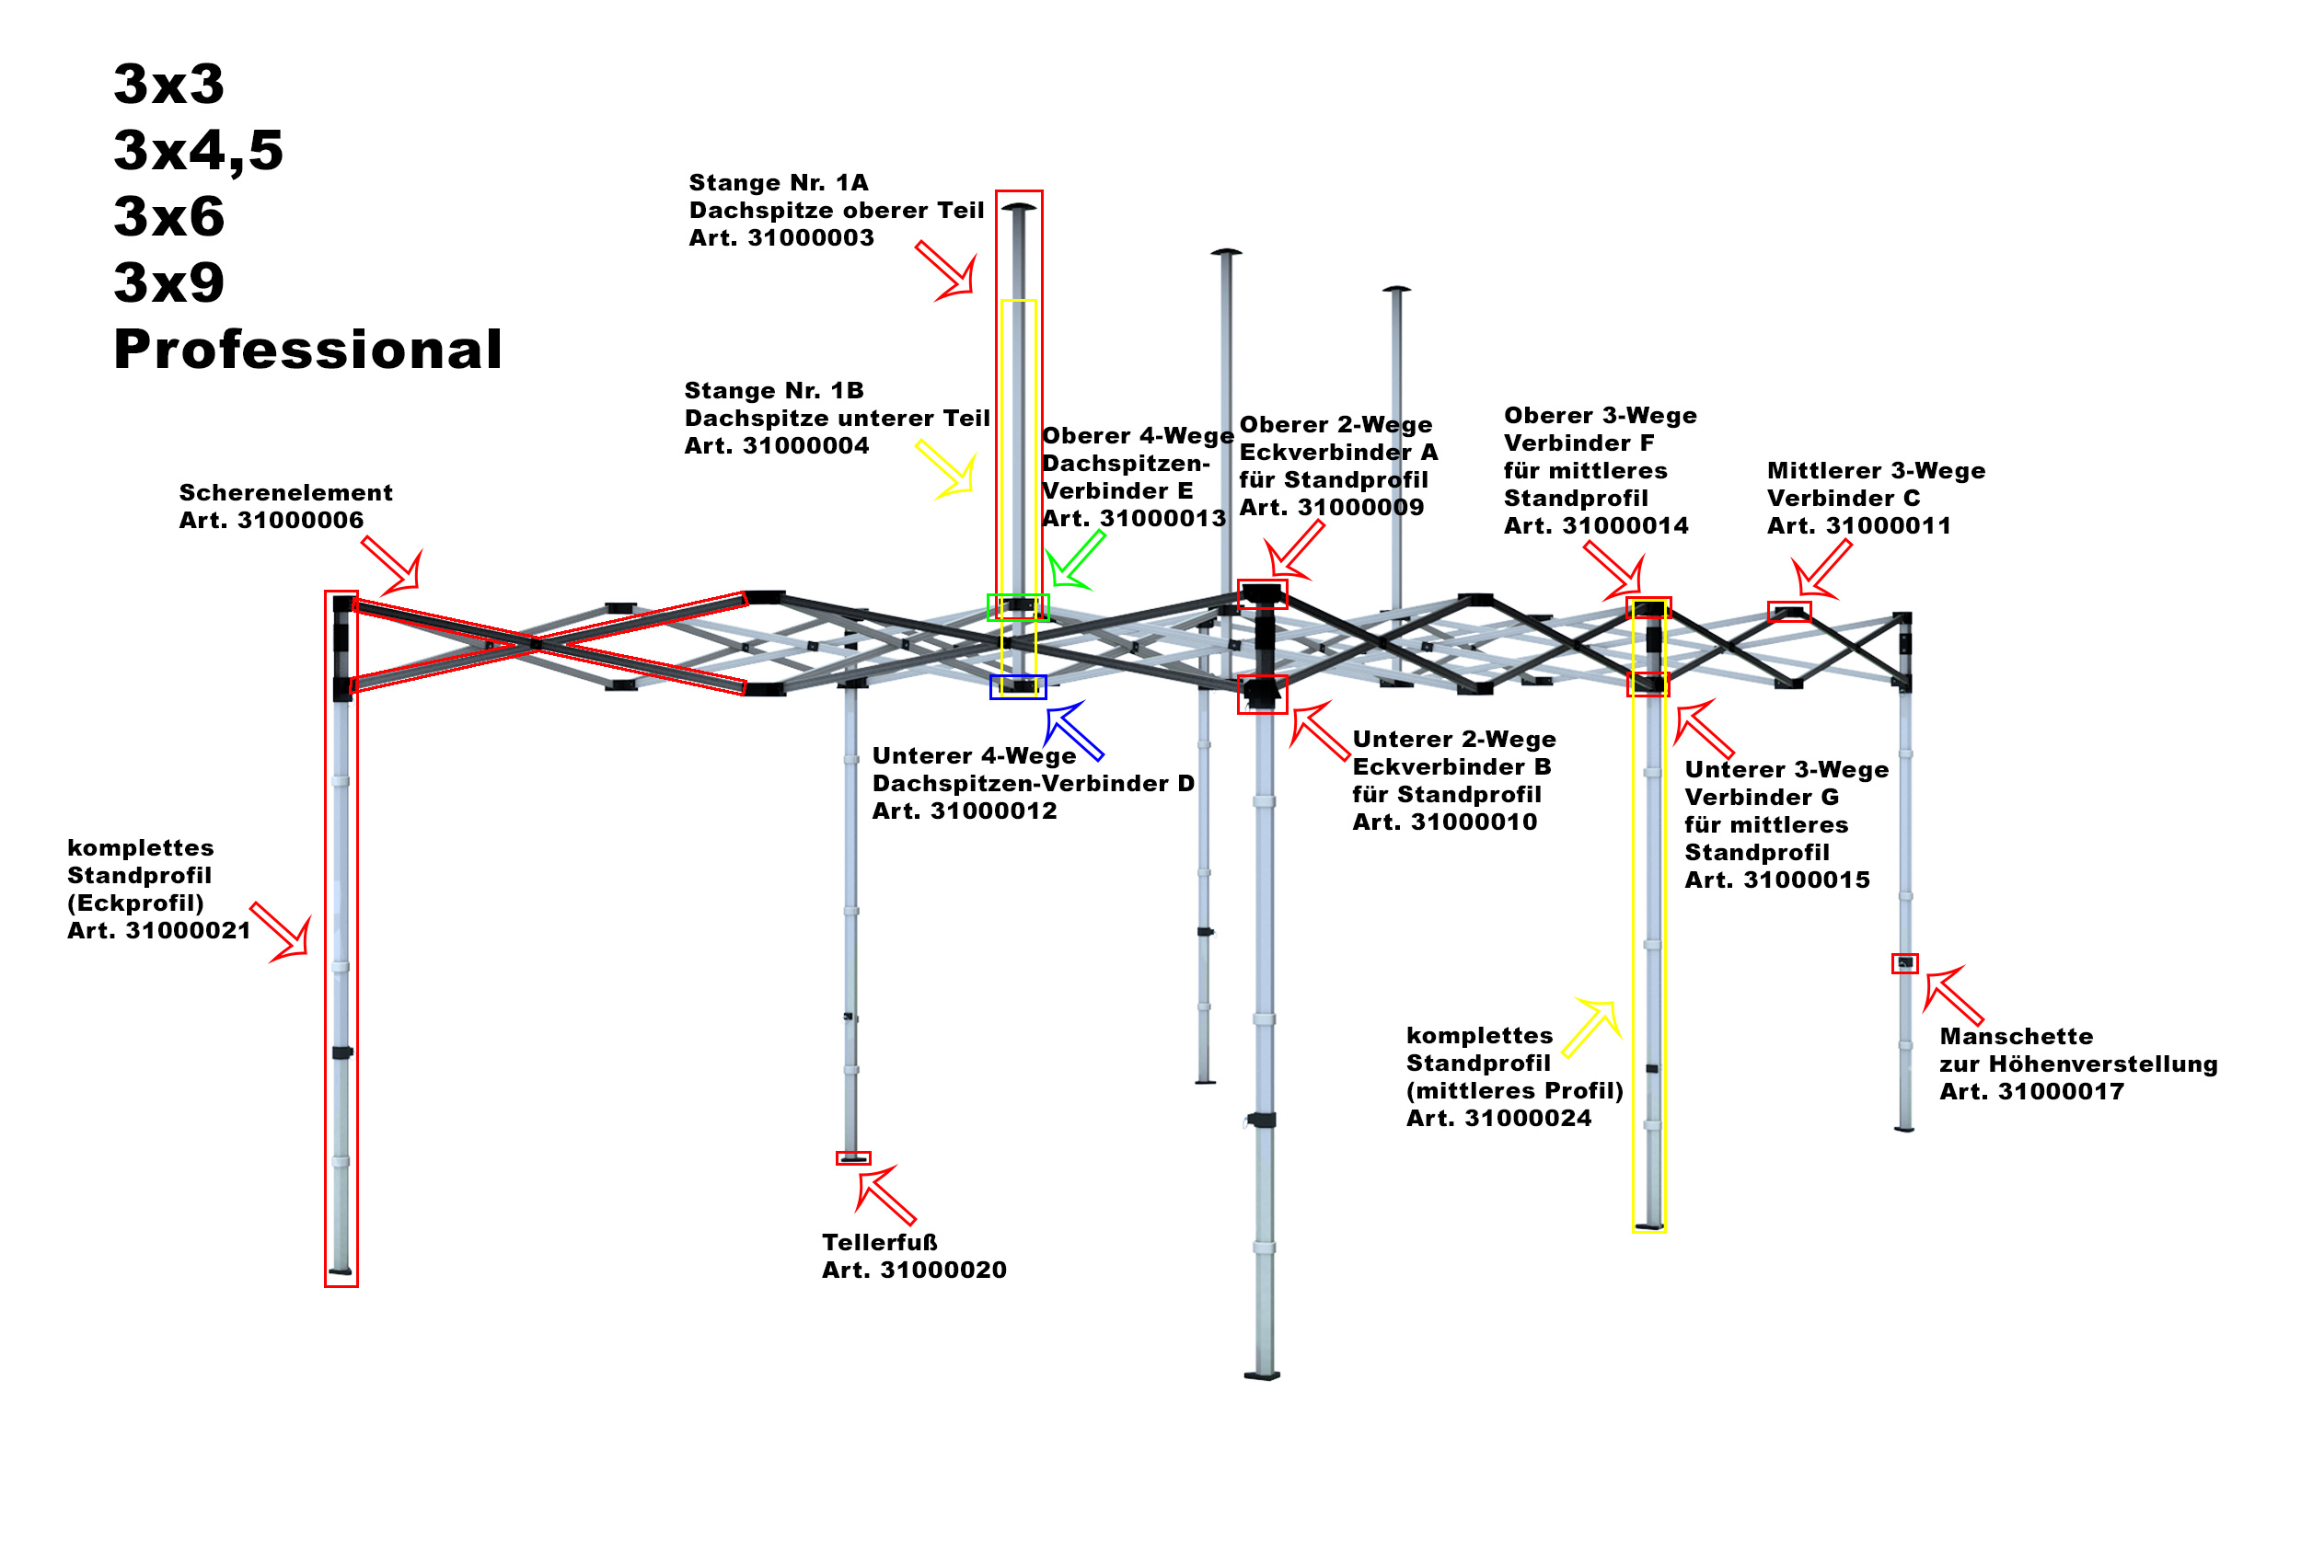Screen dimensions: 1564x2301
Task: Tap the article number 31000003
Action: [x=810, y=238]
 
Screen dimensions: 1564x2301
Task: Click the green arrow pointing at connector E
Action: [x=1075, y=560]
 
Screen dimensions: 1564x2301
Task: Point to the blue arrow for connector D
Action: [x=1073, y=730]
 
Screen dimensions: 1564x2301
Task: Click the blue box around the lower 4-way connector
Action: [x=1017, y=687]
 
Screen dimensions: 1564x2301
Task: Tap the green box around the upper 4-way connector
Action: [x=1017, y=607]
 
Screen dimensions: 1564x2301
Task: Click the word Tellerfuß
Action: [x=879, y=1242]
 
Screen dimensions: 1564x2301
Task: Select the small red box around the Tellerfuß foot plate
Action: [x=852, y=1158]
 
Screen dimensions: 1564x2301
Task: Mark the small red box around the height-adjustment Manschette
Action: [x=1904, y=963]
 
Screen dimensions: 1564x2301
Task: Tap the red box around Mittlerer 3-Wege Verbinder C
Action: [x=1788, y=612]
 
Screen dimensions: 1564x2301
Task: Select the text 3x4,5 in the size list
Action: [x=198, y=151]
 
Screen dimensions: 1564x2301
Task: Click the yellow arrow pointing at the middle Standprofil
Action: [x=1593, y=1029]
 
